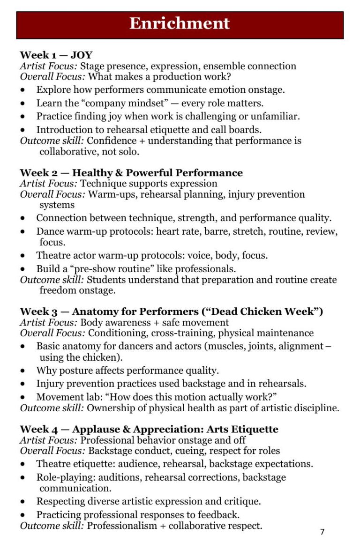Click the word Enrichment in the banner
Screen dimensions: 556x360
click(180, 23)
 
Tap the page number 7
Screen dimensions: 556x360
click(322, 532)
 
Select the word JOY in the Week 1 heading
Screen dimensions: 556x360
click(82, 55)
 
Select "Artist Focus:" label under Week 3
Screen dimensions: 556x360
click(49, 322)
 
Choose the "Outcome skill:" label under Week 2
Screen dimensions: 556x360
click(52, 280)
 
